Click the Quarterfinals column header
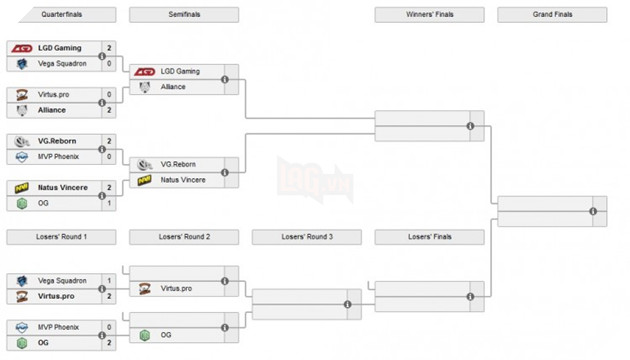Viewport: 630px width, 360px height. click(61, 14)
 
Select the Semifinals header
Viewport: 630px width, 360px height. click(184, 14)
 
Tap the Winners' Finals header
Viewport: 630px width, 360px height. click(429, 14)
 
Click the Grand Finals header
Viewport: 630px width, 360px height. click(552, 14)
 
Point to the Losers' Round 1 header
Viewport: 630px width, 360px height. click(61, 237)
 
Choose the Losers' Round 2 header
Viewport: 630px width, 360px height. click(184, 237)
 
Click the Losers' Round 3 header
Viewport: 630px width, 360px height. click(306, 237)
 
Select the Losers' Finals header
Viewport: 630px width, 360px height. click(429, 237)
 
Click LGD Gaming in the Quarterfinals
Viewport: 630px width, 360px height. click(60, 48)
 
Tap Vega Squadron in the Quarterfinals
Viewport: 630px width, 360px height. click(62, 63)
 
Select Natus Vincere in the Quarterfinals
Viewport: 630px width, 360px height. click(64, 187)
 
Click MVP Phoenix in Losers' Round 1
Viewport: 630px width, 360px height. click(61, 326)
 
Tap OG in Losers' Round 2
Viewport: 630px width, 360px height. click(166, 335)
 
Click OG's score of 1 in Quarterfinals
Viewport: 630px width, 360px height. click(109, 203)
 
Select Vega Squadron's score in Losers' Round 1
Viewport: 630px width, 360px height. click(109, 280)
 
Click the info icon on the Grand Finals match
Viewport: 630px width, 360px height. click(593, 211)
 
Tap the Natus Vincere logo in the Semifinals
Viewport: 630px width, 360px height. click(146, 180)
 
